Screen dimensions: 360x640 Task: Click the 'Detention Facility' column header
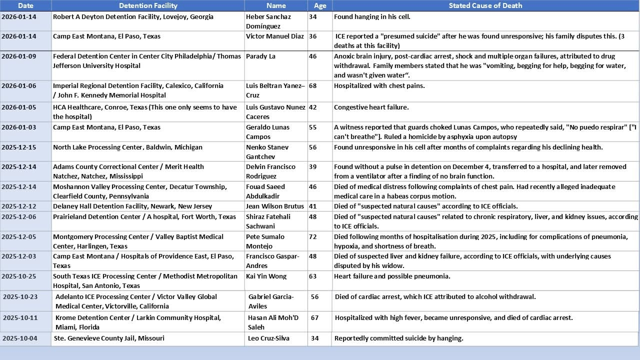pyautogui.click(x=148, y=5)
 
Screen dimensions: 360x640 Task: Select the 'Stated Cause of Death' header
pyautogui.click(x=485, y=5)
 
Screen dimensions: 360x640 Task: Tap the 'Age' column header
pyautogui.click(x=320, y=5)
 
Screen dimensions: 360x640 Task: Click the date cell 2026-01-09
pyautogui.click(x=19, y=56)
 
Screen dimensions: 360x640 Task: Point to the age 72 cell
pyautogui.click(x=313, y=237)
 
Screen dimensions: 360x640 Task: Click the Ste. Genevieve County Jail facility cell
pyautogui.click(x=109, y=338)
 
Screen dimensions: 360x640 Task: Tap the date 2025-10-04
pyautogui.click(x=20, y=338)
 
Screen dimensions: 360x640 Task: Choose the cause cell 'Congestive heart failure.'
pyautogui.click(x=371, y=107)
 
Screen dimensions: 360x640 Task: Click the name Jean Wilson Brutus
pyautogui.click(x=275, y=206)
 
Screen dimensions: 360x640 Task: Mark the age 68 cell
pyautogui.click(x=313, y=86)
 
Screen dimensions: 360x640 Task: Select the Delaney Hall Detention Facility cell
pyautogui.click(x=132, y=206)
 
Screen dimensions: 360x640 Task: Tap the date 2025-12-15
pyautogui.click(x=19, y=147)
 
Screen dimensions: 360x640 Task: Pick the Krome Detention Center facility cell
pyautogui.click(x=138, y=322)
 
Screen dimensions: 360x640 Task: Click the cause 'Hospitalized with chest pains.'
pyautogui.click(x=379, y=86)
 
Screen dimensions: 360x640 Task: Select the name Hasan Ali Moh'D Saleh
pyautogui.click(x=273, y=322)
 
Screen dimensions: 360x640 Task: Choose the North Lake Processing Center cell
pyautogui.click(x=127, y=147)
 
